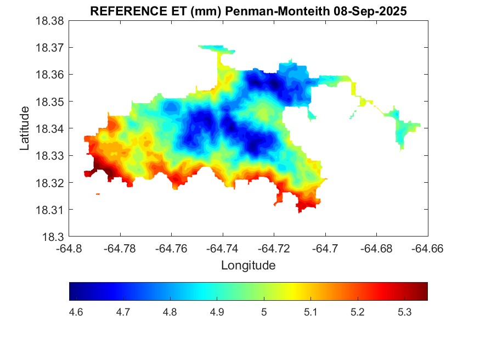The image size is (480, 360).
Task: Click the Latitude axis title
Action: (25, 128)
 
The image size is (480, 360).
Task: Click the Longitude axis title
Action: (248, 266)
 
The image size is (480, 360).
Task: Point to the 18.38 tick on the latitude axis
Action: (50, 21)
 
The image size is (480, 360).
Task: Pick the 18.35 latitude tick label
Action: (50, 102)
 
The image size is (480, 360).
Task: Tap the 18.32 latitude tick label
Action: (50, 183)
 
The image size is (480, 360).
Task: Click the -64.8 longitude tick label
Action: (69, 249)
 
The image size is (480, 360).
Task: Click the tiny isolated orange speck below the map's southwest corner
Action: (98, 194)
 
